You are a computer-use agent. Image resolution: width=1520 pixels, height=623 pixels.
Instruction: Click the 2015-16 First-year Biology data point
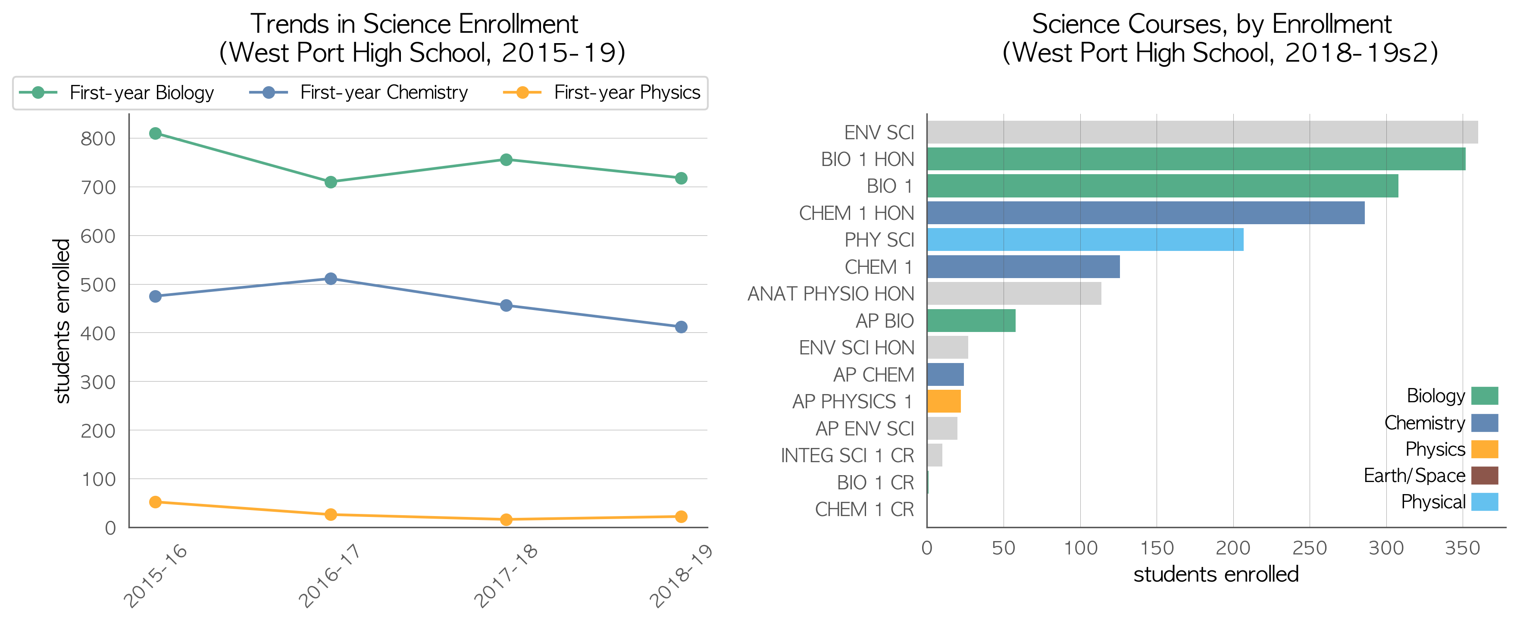pos(155,133)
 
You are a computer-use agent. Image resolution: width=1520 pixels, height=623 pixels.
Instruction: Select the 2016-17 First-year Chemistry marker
pos(331,279)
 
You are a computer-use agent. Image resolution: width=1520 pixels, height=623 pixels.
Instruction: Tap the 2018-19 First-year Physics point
pos(681,517)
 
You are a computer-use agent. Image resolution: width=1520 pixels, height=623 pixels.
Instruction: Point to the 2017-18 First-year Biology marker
pos(506,160)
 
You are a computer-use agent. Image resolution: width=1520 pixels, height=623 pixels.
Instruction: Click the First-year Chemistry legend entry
pos(359,93)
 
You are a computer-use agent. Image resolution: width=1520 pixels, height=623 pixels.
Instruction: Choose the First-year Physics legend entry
pos(602,93)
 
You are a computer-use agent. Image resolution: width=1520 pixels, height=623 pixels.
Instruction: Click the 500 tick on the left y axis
pos(98,285)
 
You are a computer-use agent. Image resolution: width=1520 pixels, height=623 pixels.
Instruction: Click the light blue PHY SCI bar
pos(1085,240)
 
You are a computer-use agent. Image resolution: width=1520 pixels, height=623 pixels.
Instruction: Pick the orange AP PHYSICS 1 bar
pos(944,401)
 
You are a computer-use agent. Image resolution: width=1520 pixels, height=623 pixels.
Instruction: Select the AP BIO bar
pos(971,320)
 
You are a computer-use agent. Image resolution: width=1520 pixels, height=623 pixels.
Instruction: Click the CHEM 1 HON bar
pos(1145,213)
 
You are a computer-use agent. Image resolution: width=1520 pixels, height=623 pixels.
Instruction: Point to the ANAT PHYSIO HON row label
pos(831,294)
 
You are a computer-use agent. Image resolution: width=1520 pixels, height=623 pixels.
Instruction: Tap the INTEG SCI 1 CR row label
pos(848,455)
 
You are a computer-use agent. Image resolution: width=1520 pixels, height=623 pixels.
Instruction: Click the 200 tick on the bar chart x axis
pos(1232,548)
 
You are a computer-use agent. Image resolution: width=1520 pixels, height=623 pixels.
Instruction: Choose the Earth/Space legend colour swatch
pos(1485,476)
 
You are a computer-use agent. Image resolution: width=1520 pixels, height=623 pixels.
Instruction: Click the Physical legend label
pos(1433,502)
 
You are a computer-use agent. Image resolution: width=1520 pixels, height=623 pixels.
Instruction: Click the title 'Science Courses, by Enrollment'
pos(1211,24)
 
